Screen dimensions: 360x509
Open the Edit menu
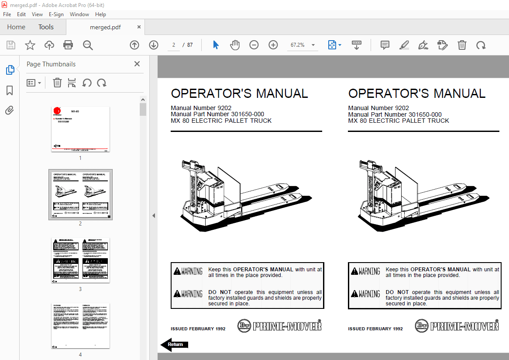click(21, 14)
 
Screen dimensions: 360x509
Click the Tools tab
click(46, 27)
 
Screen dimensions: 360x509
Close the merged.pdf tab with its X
click(139, 27)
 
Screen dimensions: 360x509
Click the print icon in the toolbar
click(68, 45)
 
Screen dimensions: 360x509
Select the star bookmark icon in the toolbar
click(30, 45)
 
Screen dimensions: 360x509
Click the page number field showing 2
click(174, 45)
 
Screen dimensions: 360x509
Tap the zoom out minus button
click(254, 45)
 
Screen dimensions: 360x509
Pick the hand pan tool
click(235, 45)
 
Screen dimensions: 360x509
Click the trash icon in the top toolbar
click(462, 45)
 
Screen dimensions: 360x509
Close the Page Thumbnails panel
click(137, 64)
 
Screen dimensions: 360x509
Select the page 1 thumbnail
click(80, 129)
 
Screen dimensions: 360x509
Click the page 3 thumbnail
click(80, 260)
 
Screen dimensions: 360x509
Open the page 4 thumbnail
click(80, 325)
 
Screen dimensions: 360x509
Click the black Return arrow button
click(174, 345)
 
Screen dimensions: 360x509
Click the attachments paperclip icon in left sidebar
click(10, 111)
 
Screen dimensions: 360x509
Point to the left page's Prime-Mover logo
click(279, 326)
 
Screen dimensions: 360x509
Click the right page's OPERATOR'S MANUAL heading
click(416, 93)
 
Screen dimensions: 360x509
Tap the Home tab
click(16, 27)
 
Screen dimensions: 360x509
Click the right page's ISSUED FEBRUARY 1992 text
click(375, 329)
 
